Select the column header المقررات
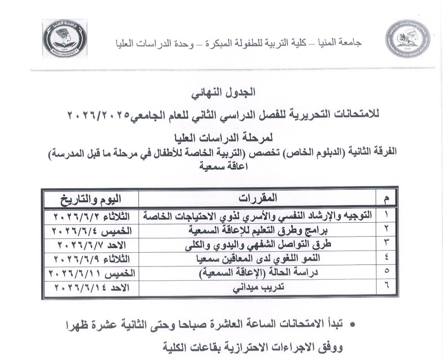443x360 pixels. click(257, 198)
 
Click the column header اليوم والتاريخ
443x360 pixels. click(90, 198)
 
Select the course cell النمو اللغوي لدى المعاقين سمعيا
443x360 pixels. click(257, 258)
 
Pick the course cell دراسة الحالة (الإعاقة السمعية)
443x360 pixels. click(257, 273)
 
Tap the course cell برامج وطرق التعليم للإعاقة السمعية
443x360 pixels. click(257, 230)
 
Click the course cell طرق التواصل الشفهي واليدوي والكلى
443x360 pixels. click(257, 244)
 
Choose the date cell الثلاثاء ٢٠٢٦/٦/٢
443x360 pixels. click(90, 216)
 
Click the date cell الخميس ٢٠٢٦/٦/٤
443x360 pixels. click(90, 230)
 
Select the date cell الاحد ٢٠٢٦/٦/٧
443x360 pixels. click(90, 244)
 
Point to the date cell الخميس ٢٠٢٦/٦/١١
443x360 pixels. click(90, 273)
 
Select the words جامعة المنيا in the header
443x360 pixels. click(345, 42)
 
